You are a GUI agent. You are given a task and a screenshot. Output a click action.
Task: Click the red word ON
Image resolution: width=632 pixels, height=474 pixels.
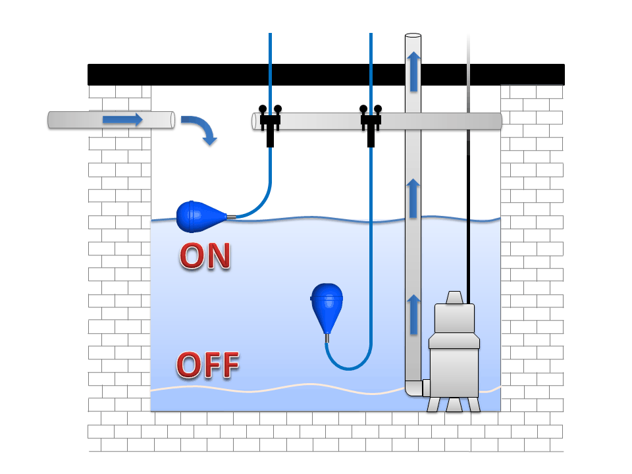205,255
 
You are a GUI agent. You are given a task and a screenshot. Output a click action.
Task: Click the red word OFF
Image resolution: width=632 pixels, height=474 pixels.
208,365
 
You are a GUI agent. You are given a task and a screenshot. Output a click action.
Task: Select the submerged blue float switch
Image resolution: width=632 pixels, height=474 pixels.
327,307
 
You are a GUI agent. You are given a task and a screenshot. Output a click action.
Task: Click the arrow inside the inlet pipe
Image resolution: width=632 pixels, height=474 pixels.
122,120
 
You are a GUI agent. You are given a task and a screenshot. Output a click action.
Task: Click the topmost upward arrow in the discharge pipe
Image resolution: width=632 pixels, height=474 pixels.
413,72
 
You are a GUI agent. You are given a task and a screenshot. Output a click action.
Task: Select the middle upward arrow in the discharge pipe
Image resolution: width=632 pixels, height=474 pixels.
413,199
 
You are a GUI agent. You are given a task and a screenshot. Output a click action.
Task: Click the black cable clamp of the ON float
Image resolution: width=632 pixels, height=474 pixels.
270,124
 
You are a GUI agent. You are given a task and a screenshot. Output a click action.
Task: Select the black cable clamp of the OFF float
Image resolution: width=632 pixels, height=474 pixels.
371,124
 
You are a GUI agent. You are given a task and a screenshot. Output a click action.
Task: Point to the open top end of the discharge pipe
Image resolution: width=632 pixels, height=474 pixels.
413,36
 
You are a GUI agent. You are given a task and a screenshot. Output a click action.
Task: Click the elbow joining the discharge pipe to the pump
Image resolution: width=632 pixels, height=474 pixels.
415,388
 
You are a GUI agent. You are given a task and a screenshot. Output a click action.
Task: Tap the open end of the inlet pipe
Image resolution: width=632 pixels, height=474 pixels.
172,120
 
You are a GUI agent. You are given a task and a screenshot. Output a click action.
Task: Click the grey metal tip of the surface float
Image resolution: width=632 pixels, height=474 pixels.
231,217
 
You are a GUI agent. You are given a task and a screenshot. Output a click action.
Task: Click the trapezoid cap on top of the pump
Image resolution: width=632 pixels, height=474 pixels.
454,298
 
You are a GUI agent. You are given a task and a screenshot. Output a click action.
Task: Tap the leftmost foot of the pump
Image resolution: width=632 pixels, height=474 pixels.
433,404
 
